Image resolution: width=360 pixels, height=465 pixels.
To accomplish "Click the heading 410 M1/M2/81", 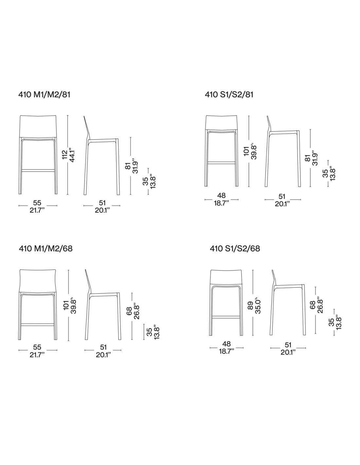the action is tap(44, 95).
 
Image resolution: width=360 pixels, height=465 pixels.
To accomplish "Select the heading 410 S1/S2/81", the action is tap(229, 95).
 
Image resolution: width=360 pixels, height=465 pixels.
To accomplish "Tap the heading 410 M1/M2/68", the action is tap(45, 249).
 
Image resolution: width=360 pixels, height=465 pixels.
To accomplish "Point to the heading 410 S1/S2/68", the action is tap(235, 249).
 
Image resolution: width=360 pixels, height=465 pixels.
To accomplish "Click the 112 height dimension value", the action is tap(64, 155).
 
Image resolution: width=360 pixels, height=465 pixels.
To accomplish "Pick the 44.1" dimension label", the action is tap(72, 155).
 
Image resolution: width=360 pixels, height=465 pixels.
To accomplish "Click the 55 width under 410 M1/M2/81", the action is tap(37, 202).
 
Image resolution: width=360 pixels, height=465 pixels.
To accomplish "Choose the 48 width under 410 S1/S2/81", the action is tap(221, 195).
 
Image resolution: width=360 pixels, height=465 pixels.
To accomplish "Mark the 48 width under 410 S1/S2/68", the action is tap(226, 344).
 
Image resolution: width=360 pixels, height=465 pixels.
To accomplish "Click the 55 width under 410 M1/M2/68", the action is tap(37, 347).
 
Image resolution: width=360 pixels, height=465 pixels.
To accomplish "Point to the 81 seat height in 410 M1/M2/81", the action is tap(128, 166).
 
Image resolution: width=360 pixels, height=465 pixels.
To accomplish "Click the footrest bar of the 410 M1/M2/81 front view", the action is tap(38, 170).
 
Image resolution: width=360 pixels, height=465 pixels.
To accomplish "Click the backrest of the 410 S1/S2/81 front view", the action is tap(222, 123).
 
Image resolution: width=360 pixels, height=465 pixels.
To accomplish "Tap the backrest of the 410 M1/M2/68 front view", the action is tap(38, 281).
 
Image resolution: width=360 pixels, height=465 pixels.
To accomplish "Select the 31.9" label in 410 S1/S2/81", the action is tap(315, 159).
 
